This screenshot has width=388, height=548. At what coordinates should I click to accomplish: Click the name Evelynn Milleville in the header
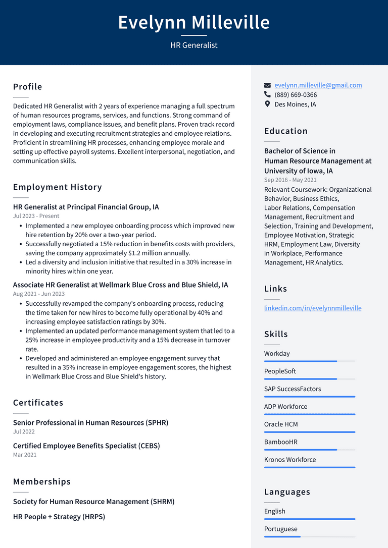[194, 22]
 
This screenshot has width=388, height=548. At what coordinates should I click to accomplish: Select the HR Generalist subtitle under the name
[194, 45]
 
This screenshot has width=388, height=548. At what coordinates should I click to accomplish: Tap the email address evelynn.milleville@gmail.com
[318, 85]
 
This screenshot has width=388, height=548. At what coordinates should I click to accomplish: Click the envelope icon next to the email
[268, 85]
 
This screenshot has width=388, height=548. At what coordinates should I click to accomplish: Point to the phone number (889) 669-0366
[296, 95]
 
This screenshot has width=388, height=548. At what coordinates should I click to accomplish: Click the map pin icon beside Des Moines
[268, 104]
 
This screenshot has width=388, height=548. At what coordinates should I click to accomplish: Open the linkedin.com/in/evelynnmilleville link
[313, 308]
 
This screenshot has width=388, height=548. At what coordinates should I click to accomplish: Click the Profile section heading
[28, 87]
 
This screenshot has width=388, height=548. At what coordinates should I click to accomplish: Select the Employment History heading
[58, 187]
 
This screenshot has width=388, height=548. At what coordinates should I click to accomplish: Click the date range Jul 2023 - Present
[36, 216]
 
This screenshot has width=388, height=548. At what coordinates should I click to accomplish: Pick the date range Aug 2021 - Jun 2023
[39, 294]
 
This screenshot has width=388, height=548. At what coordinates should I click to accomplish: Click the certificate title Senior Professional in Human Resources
[90, 423]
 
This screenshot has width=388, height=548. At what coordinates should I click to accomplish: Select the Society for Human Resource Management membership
[93, 502]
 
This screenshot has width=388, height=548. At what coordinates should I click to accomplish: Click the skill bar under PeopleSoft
[309, 379]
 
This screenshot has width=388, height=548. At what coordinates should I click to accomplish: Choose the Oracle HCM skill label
[281, 424]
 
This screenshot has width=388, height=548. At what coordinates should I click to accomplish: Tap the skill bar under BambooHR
[309, 450]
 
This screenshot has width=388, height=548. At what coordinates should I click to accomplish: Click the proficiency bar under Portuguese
[309, 536]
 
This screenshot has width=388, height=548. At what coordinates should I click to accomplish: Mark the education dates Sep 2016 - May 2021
[290, 180]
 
